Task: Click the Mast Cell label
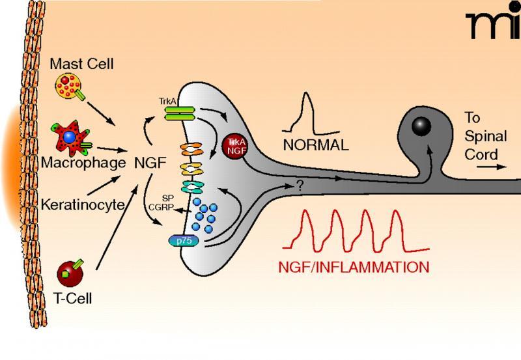coord(82,64)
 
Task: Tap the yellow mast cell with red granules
coord(68,86)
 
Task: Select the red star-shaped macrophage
coord(70,138)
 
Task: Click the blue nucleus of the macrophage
coord(69,137)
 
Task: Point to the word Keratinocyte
coord(83,204)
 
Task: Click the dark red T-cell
coord(70,273)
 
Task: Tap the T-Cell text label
coord(72,299)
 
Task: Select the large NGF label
coord(150,163)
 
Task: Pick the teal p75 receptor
coord(184,241)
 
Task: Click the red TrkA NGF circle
coord(235,146)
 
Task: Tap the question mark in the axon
coord(300,186)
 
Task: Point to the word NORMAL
coord(316,145)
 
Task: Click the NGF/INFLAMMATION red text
coord(354,267)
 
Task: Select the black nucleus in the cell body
coord(421,126)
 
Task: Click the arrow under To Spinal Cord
coord(492,167)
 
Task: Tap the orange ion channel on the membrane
coord(191,149)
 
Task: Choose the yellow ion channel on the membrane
coord(191,169)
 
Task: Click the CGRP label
coord(161,207)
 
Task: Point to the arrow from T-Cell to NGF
coord(117,227)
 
